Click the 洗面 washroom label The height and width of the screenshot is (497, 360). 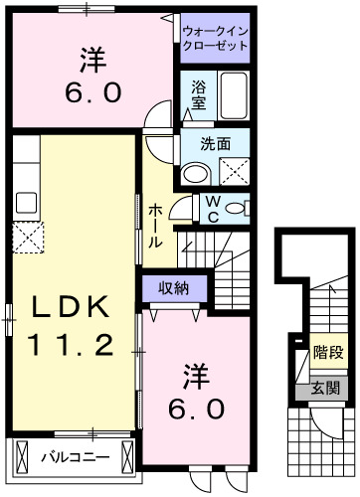coord(215,143)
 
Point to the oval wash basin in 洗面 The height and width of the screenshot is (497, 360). coord(196,173)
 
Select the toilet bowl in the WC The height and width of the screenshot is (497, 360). coord(236,209)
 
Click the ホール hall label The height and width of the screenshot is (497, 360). coord(157,226)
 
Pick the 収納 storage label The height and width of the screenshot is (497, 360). coord(175,287)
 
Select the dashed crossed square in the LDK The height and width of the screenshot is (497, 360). coord(26,238)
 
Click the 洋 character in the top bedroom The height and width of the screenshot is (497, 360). coord(94,60)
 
